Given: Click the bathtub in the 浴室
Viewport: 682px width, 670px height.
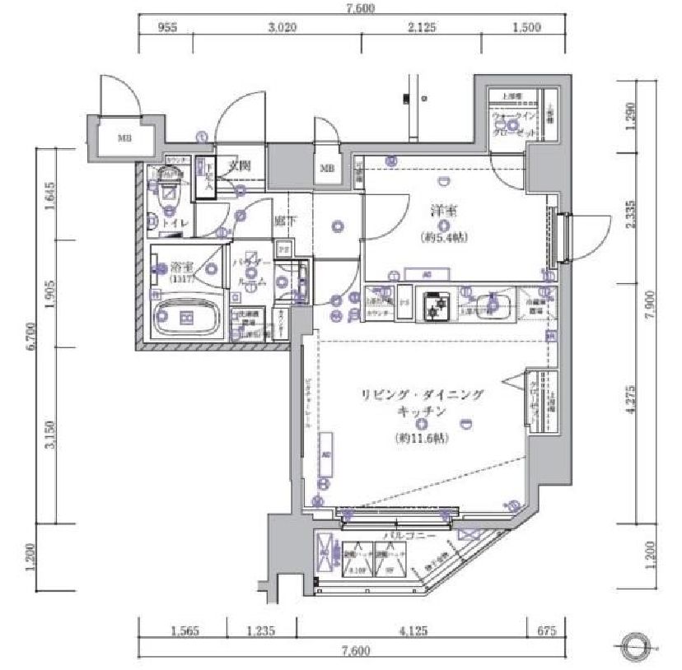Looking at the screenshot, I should pos(186,317).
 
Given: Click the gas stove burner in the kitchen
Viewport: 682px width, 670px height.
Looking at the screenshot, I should pos(433,306).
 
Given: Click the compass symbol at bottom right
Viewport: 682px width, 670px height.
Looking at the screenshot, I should pos(637,644).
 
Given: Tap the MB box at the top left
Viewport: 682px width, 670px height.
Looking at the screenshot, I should pos(124,137).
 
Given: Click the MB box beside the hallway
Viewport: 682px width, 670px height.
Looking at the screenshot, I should pos(327,170).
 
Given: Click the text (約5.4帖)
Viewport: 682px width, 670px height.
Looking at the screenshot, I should pos(442,238).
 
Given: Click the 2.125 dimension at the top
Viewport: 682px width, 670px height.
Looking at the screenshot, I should pos(423,27).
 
